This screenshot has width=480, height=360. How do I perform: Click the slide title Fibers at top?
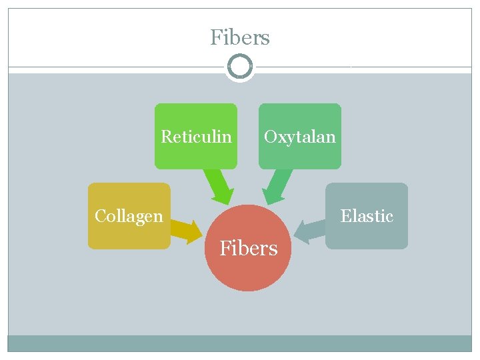(x=240, y=37)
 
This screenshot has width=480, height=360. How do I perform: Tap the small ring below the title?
(x=240, y=67)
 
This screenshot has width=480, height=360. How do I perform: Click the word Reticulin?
(x=196, y=137)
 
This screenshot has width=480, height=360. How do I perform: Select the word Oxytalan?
(x=300, y=137)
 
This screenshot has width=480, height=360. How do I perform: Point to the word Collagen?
(x=129, y=216)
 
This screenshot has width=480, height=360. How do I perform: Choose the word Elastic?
(x=367, y=216)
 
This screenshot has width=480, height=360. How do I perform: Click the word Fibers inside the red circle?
(x=249, y=249)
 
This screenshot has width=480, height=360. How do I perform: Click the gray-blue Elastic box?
(x=367, y=233)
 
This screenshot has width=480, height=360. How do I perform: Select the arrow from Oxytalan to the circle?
(x=279, y=187)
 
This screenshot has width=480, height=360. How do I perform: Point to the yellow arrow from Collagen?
(x=187, y=229)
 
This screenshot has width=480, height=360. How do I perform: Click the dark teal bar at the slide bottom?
(x=240, y=343)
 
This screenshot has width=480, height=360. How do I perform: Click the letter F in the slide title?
(x=215, y=37)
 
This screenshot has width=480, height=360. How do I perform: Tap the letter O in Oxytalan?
(x=270, y=137)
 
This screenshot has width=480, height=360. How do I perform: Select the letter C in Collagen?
(x=100, y=216)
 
